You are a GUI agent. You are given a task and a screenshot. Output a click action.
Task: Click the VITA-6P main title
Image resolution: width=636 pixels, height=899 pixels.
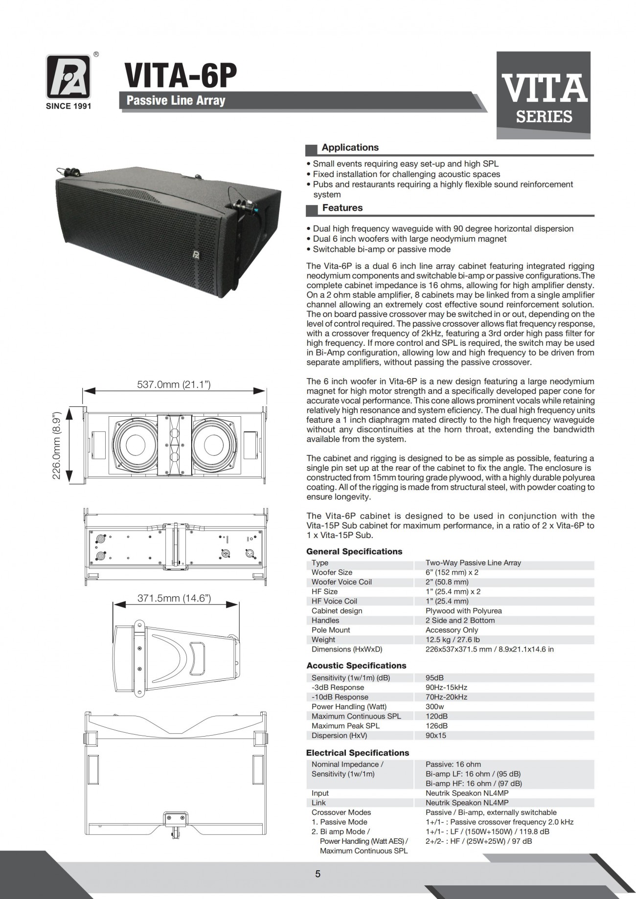click(181, 76)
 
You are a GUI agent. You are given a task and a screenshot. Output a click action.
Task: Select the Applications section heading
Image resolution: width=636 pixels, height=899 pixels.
click(350, 148)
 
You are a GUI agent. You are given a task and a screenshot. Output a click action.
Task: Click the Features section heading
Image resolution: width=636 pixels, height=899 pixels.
click(342, 208)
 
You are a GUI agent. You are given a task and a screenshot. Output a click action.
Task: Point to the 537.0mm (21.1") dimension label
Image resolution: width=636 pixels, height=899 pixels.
click(174, 385)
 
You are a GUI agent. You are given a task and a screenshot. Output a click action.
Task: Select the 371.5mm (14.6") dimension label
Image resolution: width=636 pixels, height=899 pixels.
click(174, 598)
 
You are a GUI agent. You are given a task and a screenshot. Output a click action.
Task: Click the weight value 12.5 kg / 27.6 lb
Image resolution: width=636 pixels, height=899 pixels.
click(453, 640)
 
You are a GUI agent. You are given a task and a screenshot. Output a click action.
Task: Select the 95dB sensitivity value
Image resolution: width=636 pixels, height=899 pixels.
click(434, 678)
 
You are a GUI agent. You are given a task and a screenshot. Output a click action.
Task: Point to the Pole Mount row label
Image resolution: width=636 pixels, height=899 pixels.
click(331, 630)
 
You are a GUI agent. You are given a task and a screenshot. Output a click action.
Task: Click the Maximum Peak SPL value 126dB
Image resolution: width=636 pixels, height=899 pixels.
click(436, 726)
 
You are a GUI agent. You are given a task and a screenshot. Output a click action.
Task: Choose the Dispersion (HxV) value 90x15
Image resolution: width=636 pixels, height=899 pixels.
click(436, 736)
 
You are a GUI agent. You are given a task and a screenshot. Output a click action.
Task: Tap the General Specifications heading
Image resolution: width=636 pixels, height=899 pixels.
click(354, 552)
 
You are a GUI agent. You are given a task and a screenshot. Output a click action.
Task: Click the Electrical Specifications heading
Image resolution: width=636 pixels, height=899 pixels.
click(357, 753)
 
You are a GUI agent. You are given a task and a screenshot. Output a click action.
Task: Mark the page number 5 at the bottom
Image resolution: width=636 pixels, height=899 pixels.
click(318, 874)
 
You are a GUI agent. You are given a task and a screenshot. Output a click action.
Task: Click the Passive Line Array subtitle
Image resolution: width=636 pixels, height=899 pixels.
click(176, 101)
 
